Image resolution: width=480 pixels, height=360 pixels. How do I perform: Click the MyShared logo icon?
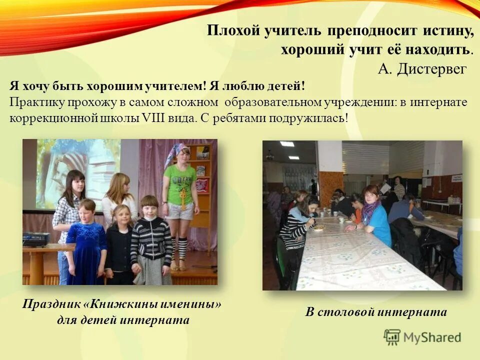coord(392,337)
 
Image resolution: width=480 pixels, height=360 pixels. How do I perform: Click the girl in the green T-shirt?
coord(180,190)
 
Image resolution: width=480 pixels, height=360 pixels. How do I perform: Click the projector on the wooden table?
coord(36,238)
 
